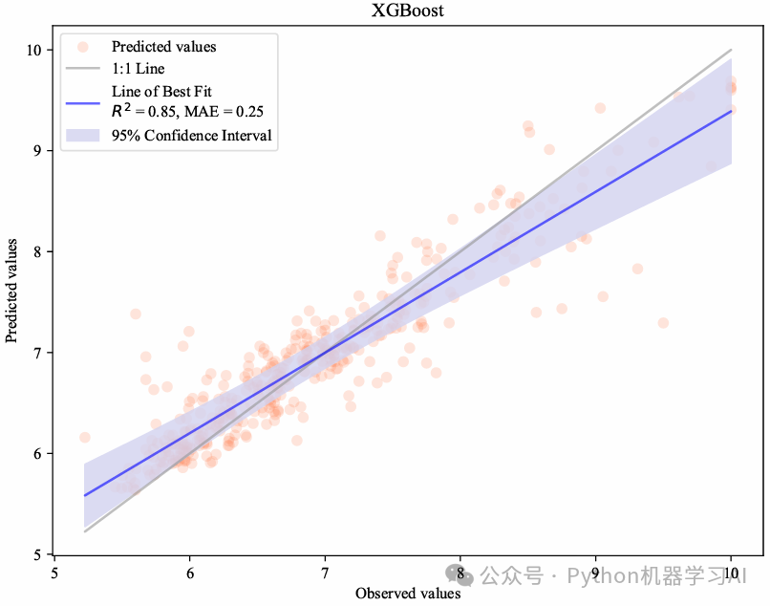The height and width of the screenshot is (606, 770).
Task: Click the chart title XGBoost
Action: tap(407, 11)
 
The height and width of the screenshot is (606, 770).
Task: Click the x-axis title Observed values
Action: tap(408, 594)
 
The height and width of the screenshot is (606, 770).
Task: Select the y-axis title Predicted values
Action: tap(11, 291)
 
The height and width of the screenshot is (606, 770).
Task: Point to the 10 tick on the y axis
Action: tap(33, 50)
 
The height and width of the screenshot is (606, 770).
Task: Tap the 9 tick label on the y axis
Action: tap(37, 151)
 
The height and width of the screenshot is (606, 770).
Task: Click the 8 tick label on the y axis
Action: tap(37, 251)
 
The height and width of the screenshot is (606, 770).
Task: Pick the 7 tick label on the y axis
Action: tap(37, 353)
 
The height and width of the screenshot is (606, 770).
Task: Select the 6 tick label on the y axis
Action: tap(37, 454)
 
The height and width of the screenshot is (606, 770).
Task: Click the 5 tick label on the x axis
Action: tap(54, 574)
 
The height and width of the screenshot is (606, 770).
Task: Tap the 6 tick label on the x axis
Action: tap(189, 574)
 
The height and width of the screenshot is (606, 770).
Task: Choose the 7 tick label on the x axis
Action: tap(325, 574)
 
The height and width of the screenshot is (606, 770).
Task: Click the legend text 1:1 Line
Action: tap(138, 68)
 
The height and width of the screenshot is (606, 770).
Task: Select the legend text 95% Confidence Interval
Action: tap(191, 135)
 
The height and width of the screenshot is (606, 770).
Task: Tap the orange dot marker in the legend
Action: tap(83, 47)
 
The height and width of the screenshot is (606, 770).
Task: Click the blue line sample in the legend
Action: tap(83, 103)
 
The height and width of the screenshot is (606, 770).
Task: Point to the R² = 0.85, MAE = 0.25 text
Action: tap(187, 111)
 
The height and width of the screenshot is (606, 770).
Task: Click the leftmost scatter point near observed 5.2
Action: tap(84, 438)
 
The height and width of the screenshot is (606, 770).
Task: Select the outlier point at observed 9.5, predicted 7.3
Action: tap(663, 323)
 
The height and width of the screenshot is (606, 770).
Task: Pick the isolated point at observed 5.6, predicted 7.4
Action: tap(136, 314)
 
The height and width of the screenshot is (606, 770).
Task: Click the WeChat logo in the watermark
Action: tap(460, 575)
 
